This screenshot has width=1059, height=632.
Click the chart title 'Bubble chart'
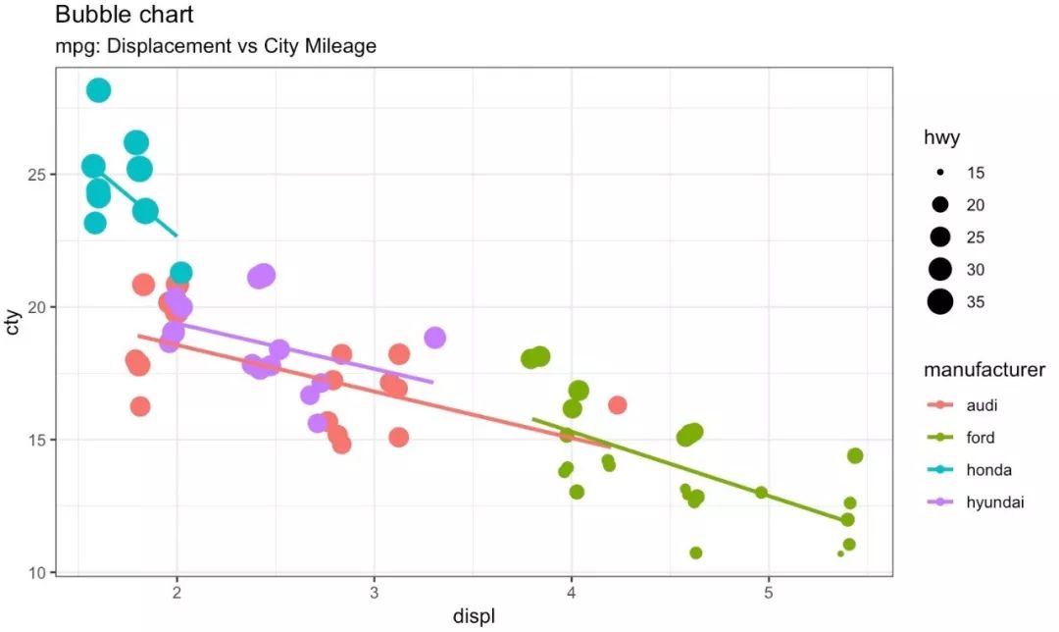124,15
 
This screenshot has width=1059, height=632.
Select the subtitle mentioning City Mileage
216,46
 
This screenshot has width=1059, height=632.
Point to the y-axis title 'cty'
13,322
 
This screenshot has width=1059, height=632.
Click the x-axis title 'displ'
474,616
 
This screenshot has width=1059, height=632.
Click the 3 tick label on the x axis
375,593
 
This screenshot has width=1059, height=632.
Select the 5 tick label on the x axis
769,593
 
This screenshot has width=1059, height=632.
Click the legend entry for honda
988,470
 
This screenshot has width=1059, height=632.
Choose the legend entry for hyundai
994,502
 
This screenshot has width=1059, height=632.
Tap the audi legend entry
982,405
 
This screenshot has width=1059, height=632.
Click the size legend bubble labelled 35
940,302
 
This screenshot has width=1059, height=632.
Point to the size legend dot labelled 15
940,173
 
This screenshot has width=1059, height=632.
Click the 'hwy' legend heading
941,138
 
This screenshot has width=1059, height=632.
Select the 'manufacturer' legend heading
984,370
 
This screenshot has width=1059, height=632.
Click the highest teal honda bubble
98,90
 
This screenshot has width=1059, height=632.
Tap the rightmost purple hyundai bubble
435,338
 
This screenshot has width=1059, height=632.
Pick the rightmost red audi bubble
617,404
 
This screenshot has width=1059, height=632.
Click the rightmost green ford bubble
855,455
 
